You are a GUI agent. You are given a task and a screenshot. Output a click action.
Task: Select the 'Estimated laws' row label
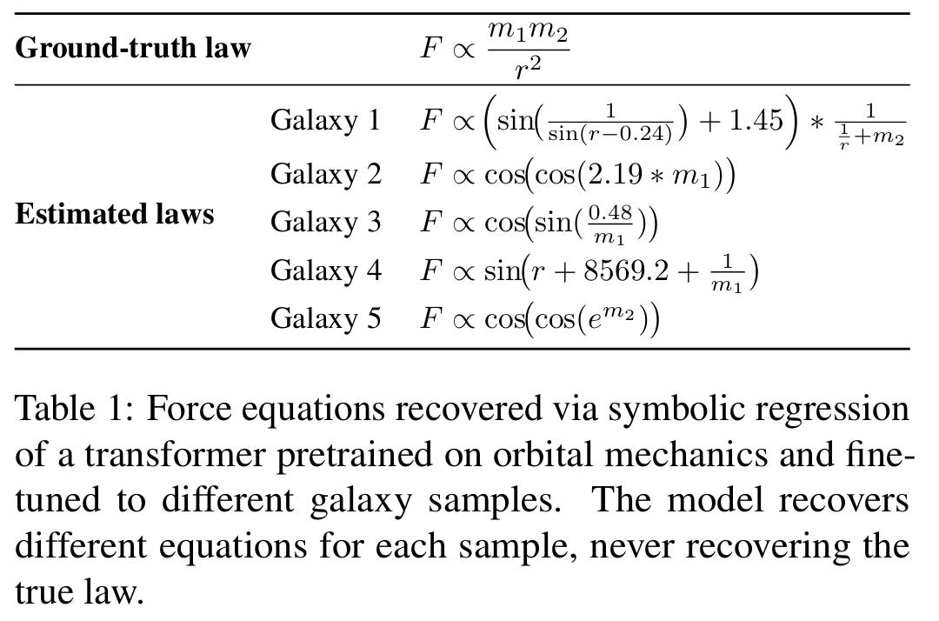[x=115, y=213]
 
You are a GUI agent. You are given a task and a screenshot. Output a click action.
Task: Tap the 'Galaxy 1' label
[x=325, y=120]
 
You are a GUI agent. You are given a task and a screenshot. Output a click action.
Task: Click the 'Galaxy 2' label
[x=325, y=174]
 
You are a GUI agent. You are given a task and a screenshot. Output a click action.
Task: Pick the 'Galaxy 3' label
[x=325, y=222]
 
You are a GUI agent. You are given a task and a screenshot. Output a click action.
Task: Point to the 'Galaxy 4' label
[x=325, y=270]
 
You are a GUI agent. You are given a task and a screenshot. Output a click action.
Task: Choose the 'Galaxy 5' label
[x=325, y=318]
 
